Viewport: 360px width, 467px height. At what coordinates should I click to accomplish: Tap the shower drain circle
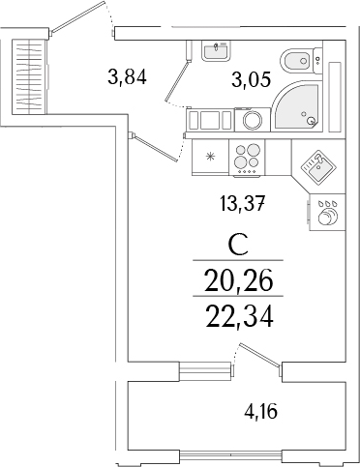310,121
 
